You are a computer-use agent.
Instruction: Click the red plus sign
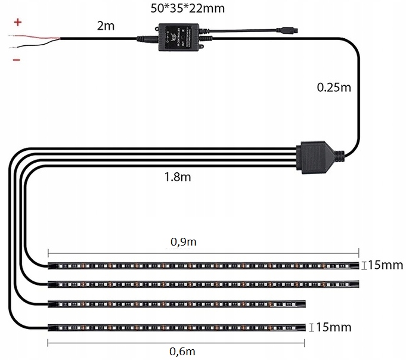(x=18, y=23)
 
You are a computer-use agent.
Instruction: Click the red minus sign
(x=16, y=60)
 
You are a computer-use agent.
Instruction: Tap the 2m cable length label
(x=105, y=26)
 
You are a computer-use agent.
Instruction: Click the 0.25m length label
(x=333, y=88)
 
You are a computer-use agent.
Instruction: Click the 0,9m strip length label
(x=184, y=241)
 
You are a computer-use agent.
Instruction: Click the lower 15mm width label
(x=333, y=327)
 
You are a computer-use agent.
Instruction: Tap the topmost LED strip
(x=203, y=265)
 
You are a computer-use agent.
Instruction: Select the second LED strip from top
(x=203, y=283)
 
